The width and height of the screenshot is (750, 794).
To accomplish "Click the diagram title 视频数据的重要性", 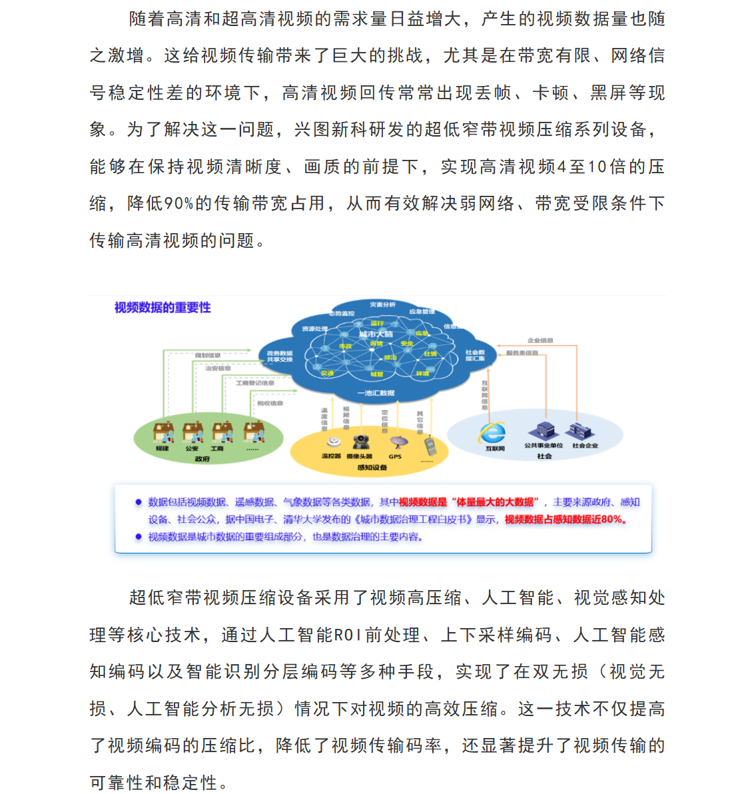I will click(x=163, y=307).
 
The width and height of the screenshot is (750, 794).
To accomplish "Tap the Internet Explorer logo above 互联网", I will click(x=492, y=433).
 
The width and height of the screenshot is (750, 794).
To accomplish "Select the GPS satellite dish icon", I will click(x=398, y=442).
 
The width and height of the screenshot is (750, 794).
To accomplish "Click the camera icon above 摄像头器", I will click(x=361, y=442).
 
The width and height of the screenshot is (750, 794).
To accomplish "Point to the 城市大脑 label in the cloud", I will click(x=376, y=334).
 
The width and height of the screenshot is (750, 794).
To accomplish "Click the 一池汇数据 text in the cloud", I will click(x=376, y=393).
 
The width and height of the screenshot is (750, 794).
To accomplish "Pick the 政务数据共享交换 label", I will click(x=280, y=356).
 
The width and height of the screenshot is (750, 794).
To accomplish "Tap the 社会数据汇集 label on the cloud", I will click(x=475, y=355).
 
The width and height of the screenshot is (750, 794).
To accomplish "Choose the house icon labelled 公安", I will click(x=192, y=432).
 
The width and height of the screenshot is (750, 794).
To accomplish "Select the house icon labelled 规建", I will click(x=163, y=432).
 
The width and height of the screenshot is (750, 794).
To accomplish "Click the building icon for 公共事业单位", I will click(x=543, y=431).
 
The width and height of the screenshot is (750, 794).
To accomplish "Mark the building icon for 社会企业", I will click(x=581, y=431).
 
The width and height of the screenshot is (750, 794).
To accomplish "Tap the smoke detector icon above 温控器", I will click(x=333, y=442).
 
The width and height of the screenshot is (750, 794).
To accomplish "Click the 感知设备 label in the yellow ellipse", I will click(x=372, y=468).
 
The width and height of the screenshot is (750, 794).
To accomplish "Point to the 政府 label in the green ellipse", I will click(x=202, y=459).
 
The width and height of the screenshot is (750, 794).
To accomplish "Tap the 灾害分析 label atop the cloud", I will click(x=382, y=305).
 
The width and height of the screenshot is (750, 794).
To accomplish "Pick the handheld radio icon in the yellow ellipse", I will click(x=428, y=445).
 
